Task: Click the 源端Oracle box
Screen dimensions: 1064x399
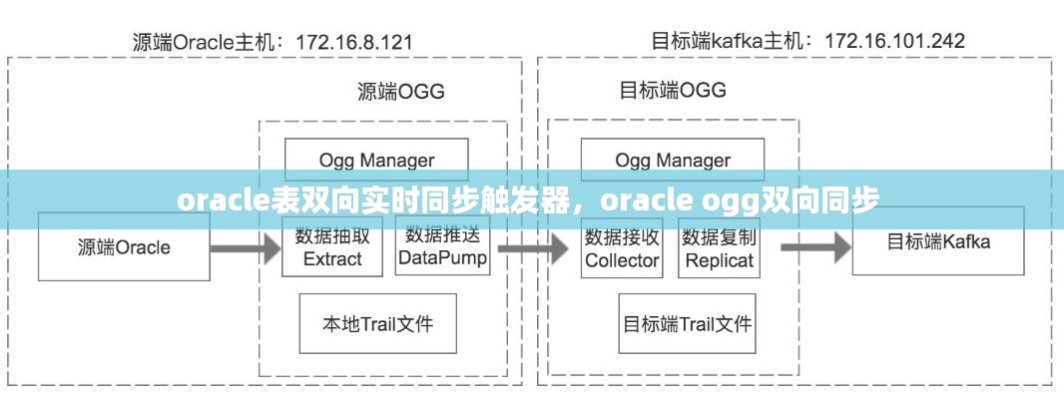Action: (124, 246)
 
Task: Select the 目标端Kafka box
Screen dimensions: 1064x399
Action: (938, 240)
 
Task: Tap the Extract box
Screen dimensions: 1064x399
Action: (332, 247)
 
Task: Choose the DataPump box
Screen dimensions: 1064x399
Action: (442, 245)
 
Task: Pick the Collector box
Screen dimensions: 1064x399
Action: (622, 248)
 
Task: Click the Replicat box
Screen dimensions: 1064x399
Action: (720, 248)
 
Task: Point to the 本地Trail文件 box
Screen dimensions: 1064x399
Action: (378, 323)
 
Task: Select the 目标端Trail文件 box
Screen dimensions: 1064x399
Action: (688, 323)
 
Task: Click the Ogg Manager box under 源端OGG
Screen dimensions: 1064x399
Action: (376, 161)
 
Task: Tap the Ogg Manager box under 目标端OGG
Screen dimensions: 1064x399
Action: (673, 161)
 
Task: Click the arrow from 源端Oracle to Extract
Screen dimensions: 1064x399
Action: (246, 248)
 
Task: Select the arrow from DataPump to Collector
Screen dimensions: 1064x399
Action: (533, 248)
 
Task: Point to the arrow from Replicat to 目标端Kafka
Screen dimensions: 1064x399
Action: (815, 247)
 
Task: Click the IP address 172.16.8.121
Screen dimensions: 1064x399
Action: (354, 43)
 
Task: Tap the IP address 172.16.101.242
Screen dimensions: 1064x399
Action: (894, 41)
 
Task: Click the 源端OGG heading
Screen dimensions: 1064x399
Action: (401, 91)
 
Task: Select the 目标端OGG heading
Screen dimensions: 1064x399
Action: (673, 90)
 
